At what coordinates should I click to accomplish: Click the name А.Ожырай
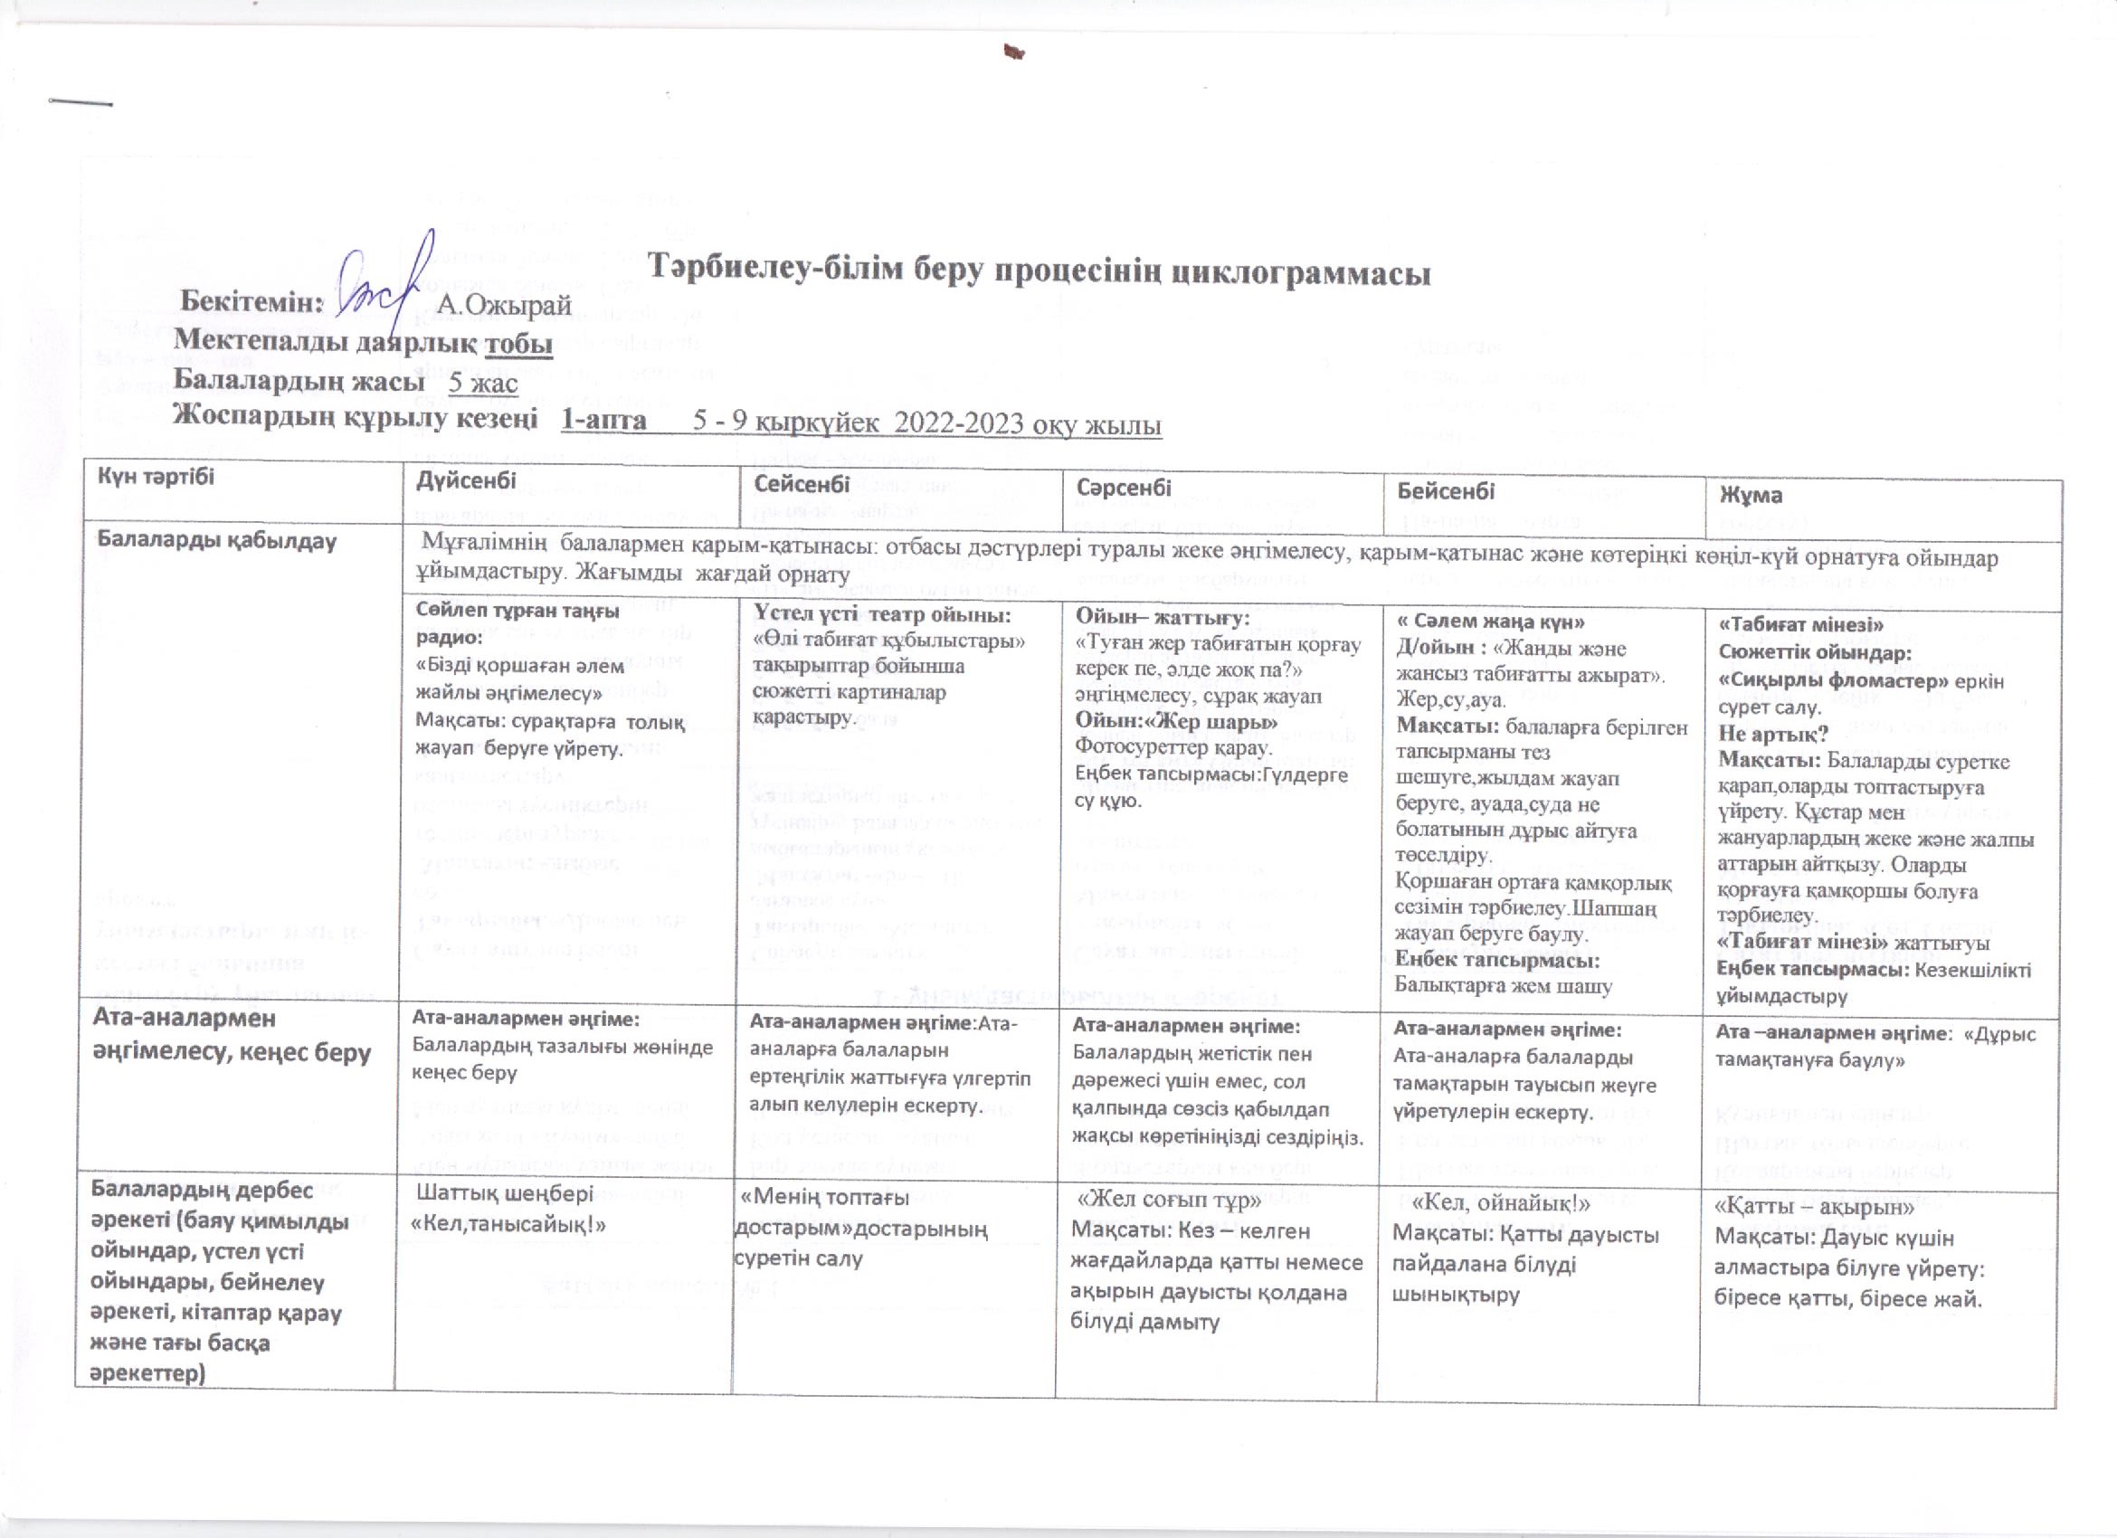coord(504,305)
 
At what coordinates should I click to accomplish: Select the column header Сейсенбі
coord(802,483)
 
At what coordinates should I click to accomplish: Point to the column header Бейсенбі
coord(1446,491)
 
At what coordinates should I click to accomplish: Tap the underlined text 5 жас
coord(482,383)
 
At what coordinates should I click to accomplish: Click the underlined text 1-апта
coord(603,421)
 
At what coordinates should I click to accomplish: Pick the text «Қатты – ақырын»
coord(1814,1208)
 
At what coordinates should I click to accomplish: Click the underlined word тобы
coord(518,345)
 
